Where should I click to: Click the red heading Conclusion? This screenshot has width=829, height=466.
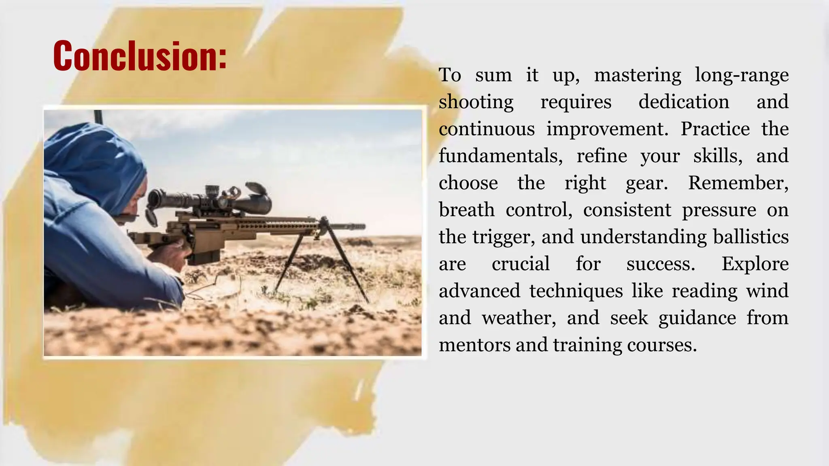pyautogui.click(x=140, y=56)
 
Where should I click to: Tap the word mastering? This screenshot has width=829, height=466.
pyautogui.click(x=638, y=75)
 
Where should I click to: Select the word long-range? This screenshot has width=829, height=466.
pyautogui.click(x=742, y=75)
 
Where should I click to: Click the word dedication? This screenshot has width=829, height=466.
pyautogui.click(x=684, y=102)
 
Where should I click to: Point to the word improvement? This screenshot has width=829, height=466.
pyautogui.click(x=607, y=129)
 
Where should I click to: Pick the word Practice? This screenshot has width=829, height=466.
pyautogui.click(x=715, y=129)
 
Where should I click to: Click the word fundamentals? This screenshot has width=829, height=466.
pyautogui.click(x=501, y=156)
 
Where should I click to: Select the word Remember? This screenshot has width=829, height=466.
pyautogui.click(x=738, y=183)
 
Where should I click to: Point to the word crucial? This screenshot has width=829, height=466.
pyautogui.click(x=521, y=264)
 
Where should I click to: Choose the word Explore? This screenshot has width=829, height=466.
pyautogui.click(x=755, y=264)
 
